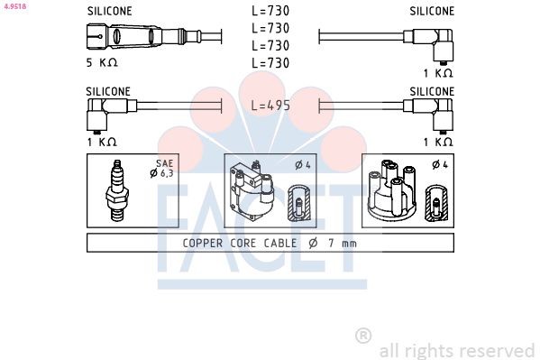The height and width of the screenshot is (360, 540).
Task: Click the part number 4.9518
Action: point(14,5)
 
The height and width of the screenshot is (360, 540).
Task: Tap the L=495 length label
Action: point(270,106)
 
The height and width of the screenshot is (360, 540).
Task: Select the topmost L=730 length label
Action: point(270,12)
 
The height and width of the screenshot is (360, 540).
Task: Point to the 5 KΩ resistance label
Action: point(101,62)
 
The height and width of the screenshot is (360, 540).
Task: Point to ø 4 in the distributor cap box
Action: point(437,164)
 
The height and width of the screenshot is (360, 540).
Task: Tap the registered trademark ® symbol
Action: point(363,336)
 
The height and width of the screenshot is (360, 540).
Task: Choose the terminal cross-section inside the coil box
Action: point(298,205)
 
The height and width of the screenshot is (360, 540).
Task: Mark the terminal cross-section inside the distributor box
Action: point(436,205)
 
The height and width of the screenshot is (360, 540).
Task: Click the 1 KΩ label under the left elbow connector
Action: point(101,142)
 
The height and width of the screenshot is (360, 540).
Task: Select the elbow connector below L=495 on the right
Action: point(441,115)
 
